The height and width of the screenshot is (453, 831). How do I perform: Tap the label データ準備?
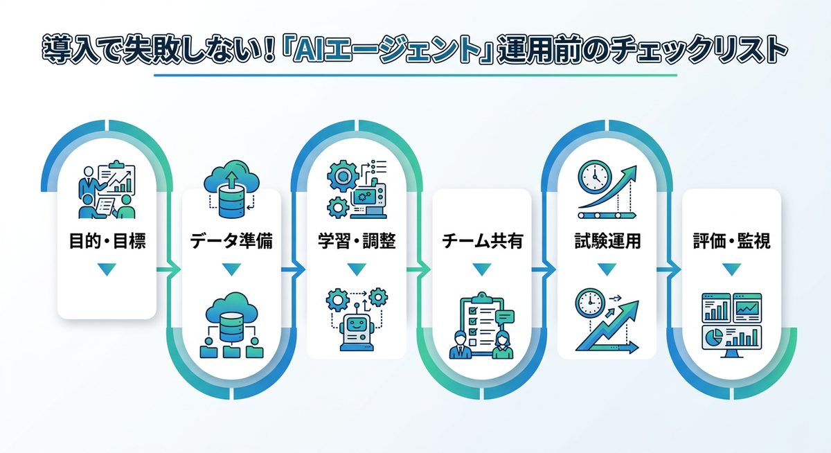[x=231, y=242]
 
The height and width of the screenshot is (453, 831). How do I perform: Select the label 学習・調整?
[x=356, y=242]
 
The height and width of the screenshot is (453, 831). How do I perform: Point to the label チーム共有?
[x=481, y=242]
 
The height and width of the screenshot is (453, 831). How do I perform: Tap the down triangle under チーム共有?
[x=481, y=269]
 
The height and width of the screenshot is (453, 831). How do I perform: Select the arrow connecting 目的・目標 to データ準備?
[x=168, y=269]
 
